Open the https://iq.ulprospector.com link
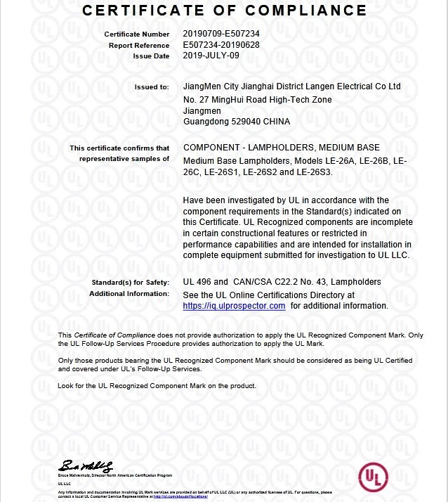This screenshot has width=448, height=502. [234, 306]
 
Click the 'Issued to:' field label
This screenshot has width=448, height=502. [152, 87]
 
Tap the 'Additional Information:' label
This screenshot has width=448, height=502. [129, 293]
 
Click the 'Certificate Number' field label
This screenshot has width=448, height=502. [136, 34]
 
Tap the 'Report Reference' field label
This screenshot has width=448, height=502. [139, 45]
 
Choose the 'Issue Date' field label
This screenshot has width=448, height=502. [152, 56]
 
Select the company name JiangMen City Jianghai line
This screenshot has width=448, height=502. [291, 86]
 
